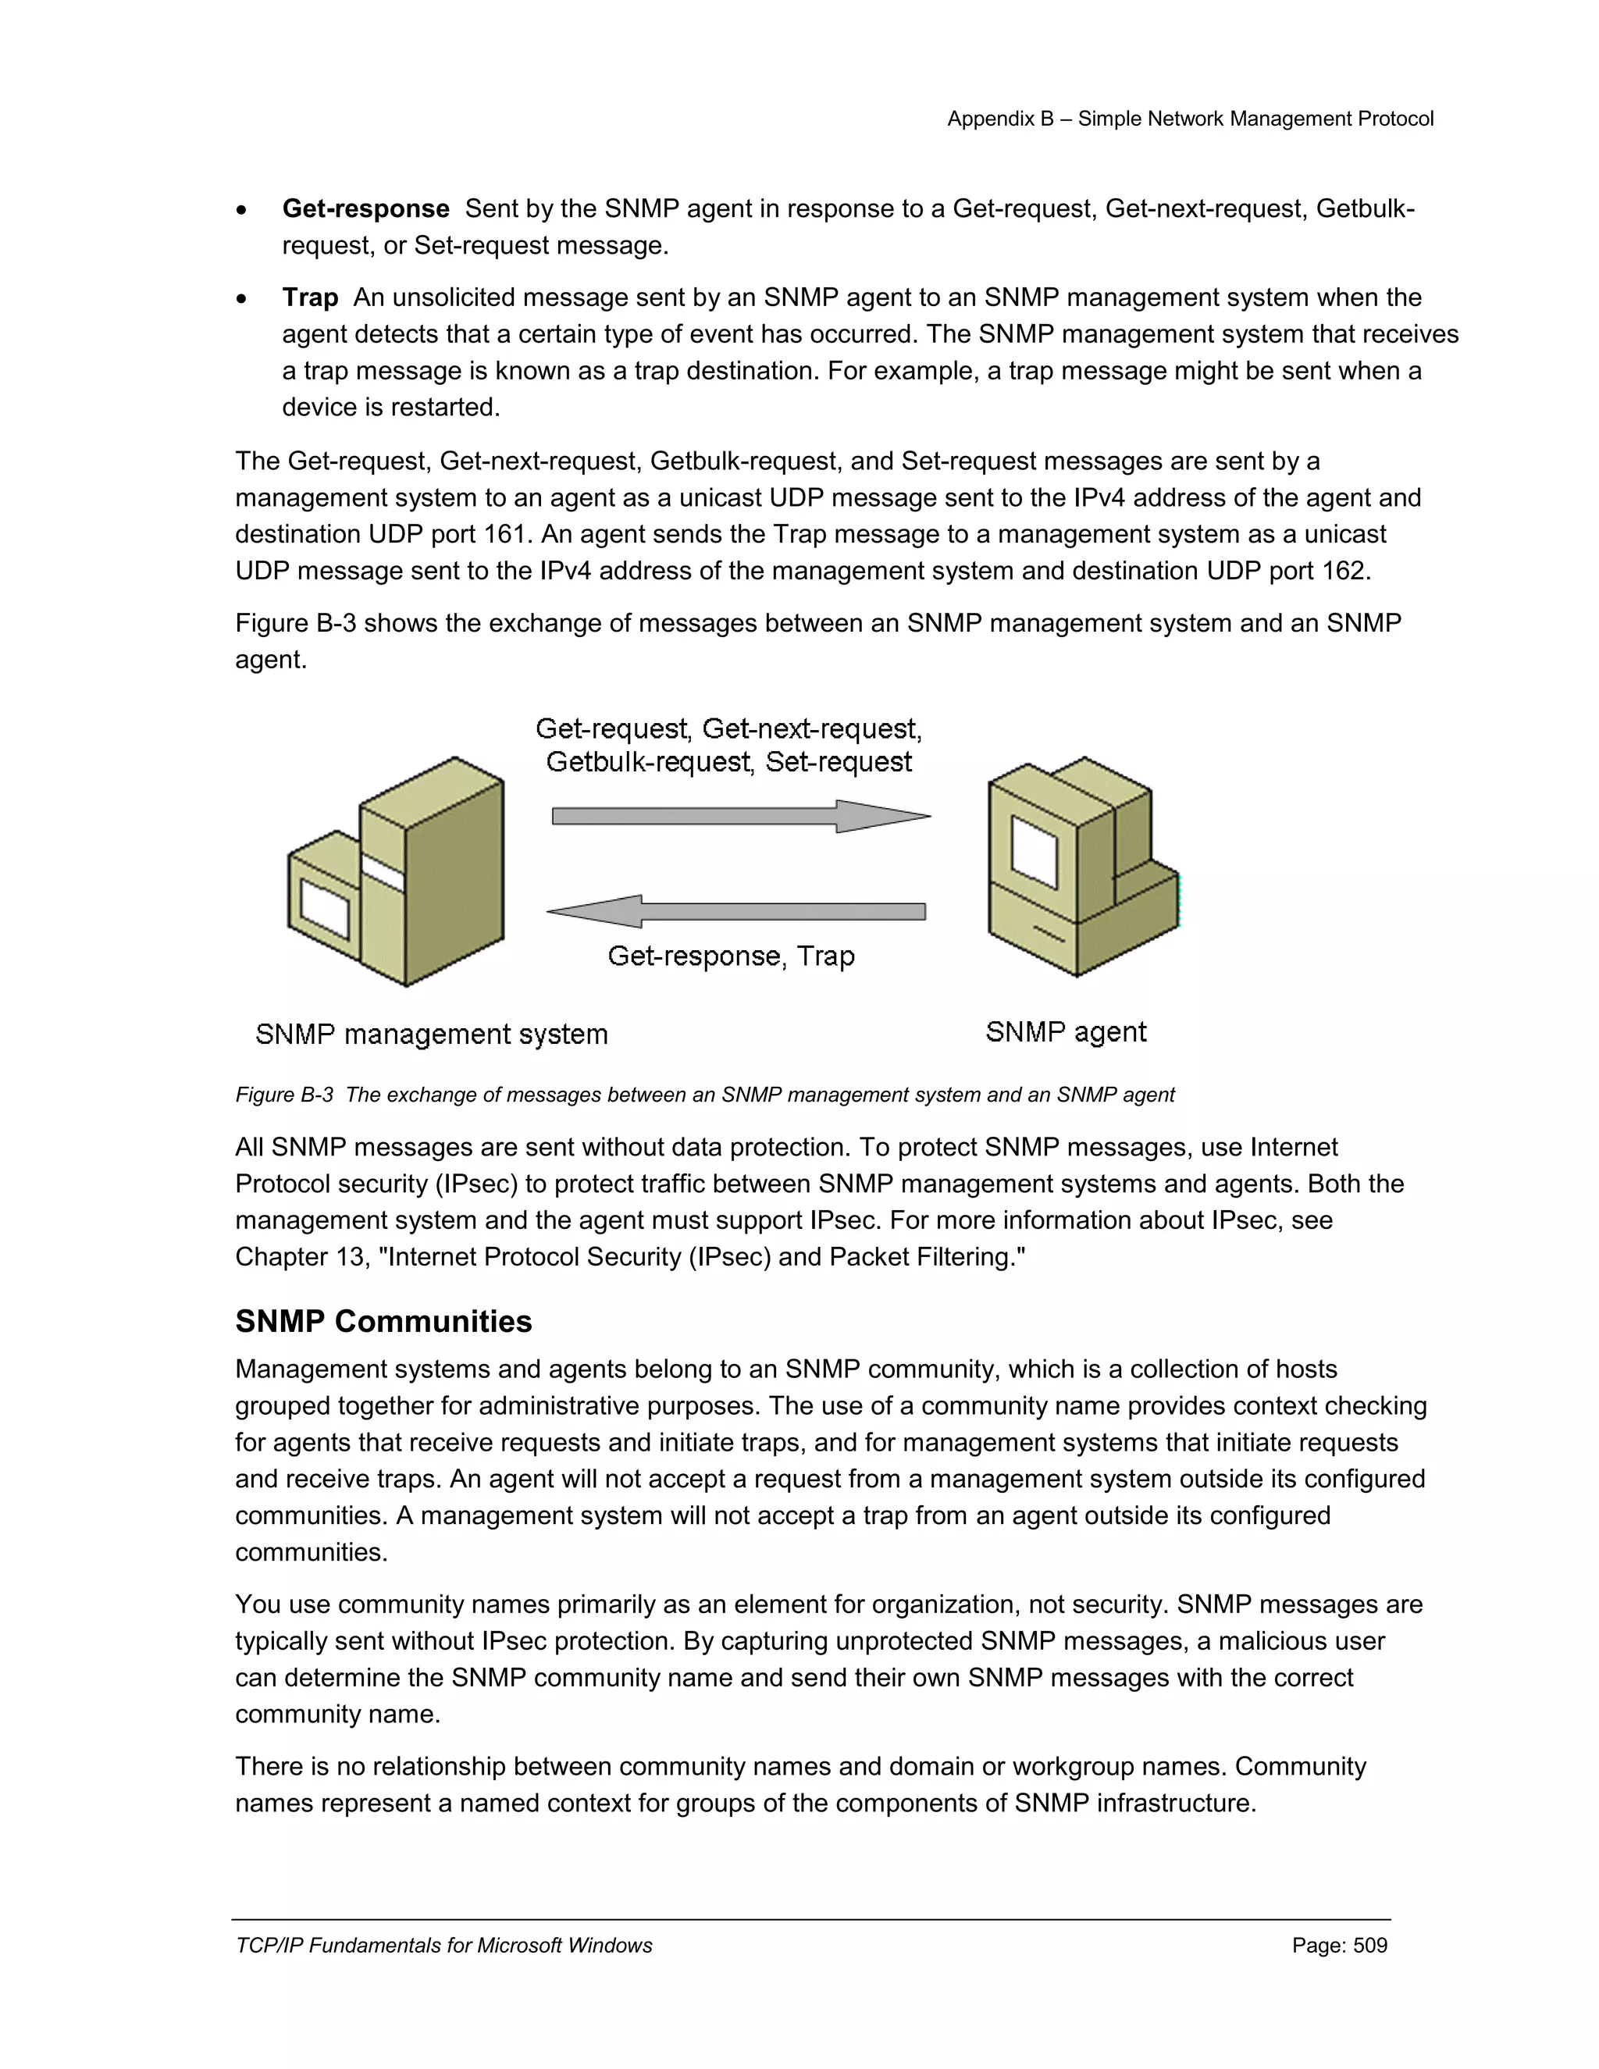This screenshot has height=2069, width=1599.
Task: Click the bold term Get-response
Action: click(x=365, y=208)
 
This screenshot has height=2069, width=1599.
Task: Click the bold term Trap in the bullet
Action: click(x=310, y=297)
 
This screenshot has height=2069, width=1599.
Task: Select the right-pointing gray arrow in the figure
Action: click(x=740, y=816)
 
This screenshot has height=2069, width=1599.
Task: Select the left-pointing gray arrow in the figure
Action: click(x=736, y=911)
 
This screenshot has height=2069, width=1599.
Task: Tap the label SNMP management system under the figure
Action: click(x=431, y=1034)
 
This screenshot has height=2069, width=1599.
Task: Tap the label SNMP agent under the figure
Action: click(x=1066, y=1031)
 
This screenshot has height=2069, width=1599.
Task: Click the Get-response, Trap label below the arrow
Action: click(x=730, y=956)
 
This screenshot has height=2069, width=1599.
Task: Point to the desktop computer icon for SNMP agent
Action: click(x=1080, y=867)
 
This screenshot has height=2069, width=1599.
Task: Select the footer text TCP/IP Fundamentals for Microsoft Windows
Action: click(x=443, y=1945)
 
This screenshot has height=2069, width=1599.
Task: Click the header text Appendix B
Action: click(x=1000, y=119)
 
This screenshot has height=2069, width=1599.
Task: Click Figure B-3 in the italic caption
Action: click(x=284, y=1095)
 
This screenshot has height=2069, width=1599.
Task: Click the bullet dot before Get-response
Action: click(x=243, y=210)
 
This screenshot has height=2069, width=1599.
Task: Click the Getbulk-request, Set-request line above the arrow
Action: click(x=728, y=762)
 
